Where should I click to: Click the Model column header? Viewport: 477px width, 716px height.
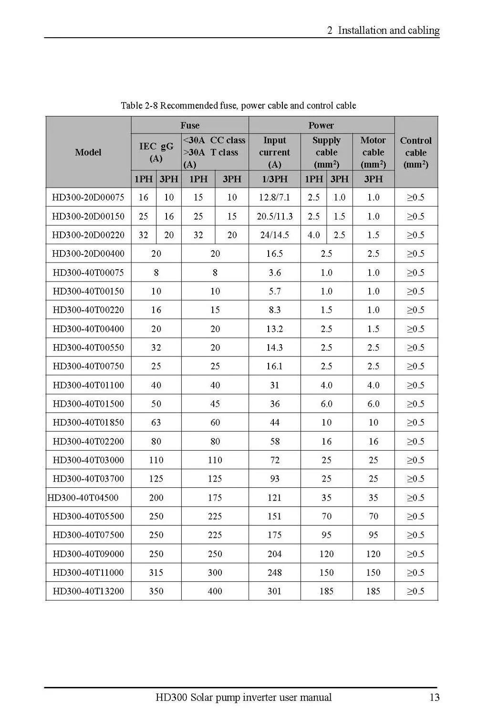click(88, 152)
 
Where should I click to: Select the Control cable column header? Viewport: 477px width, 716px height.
click(415, 152)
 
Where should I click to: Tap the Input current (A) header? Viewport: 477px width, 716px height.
click(274, 152)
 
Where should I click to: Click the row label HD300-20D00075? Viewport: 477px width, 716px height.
click(88, 197)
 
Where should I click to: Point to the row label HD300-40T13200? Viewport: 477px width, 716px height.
click(88, 591)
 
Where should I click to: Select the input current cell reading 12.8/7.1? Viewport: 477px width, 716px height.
click(274, 197)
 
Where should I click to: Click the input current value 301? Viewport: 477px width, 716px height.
click(274, 591)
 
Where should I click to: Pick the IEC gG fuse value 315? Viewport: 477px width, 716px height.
click(156, 572)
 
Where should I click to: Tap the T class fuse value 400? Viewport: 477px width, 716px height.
click(215, 591)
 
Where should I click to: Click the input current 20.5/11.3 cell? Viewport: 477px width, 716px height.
click(274, 216)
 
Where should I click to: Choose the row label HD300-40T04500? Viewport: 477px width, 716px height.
click(83, 497)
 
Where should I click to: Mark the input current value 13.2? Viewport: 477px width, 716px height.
click(274, 329)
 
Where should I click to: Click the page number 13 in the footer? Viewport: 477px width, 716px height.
click(434, 697)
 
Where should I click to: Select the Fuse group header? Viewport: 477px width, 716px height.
click(190, 125)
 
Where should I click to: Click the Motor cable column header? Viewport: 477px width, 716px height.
click(373, 152)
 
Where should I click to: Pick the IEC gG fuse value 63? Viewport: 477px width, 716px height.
click(156, 422)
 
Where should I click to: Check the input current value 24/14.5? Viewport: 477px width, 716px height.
click(274, 235)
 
